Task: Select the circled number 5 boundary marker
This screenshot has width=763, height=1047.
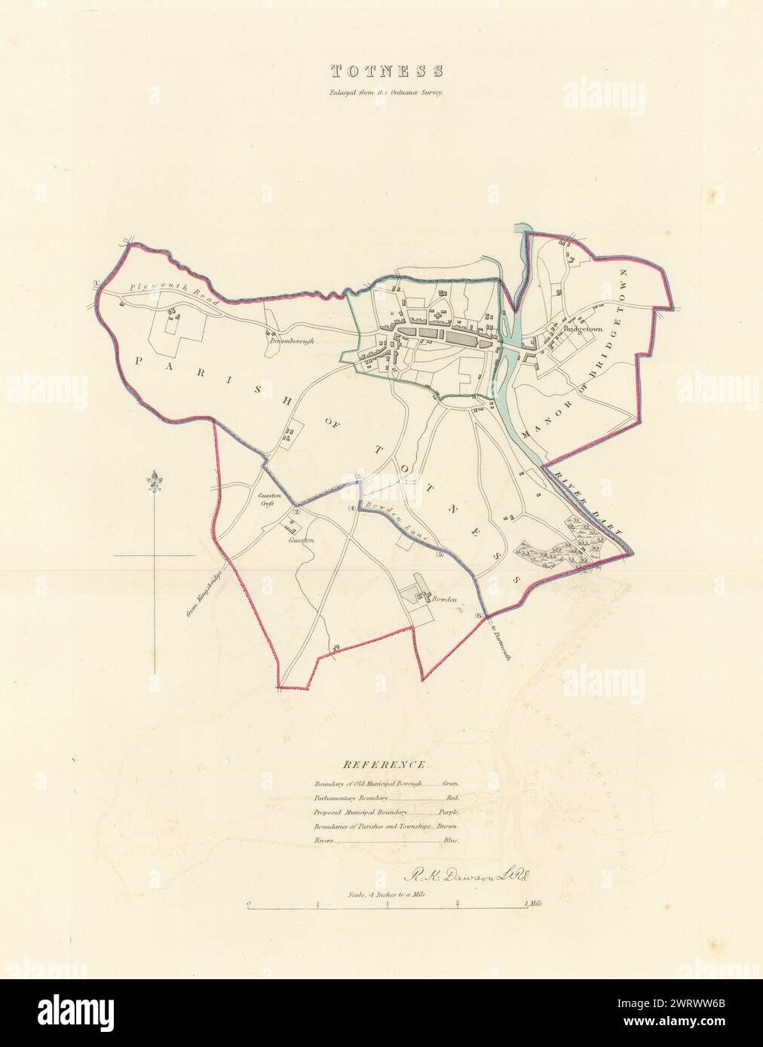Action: (439, 555)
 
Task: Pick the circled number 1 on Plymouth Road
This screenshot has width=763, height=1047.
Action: (97, 284)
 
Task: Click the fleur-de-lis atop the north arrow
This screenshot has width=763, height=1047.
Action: (156, 479)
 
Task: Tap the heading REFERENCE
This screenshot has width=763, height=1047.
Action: (386, 765)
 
